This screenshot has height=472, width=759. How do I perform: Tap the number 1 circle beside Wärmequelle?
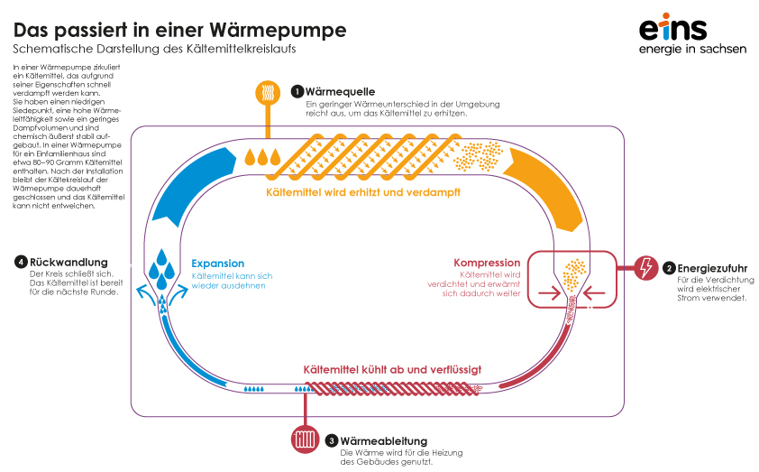coord(297,92)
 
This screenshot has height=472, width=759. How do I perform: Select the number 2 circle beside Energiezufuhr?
coord(669,268)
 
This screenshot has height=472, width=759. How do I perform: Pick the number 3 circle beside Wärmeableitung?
coord(332,440)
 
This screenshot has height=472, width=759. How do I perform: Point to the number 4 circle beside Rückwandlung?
coord(21,263)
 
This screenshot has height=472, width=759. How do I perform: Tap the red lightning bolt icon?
coord(645,268)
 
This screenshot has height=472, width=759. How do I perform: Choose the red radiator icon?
coord(303,440)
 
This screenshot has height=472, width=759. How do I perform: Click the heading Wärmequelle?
coord(340,92)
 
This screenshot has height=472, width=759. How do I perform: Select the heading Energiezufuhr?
coord(711,268)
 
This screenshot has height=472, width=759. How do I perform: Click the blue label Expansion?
coord(217,264)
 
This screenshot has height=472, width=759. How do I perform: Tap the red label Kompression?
coord(487,264)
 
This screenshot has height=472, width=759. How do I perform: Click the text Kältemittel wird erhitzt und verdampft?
coord(376,192)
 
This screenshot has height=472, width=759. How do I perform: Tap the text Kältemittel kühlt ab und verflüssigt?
coord(392,369)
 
